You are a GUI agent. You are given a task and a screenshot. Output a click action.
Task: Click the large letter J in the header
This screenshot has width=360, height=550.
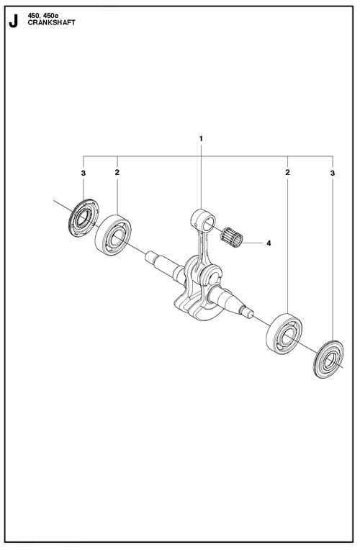13,22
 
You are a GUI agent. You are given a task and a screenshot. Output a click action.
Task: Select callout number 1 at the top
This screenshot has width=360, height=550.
202,137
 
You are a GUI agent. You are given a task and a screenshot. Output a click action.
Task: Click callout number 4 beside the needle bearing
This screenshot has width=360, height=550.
269,243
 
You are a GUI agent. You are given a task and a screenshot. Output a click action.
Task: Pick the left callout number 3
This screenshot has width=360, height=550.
84,173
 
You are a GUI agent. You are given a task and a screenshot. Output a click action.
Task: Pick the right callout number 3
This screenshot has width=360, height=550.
333,173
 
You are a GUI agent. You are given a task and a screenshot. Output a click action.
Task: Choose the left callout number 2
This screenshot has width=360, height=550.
117,173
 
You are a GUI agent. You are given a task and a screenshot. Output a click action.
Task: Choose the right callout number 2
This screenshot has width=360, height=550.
288,173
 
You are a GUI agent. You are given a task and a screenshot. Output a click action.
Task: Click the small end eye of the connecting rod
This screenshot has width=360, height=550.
199,216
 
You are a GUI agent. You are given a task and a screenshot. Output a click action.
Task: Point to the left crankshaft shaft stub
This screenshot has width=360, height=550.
162,262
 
